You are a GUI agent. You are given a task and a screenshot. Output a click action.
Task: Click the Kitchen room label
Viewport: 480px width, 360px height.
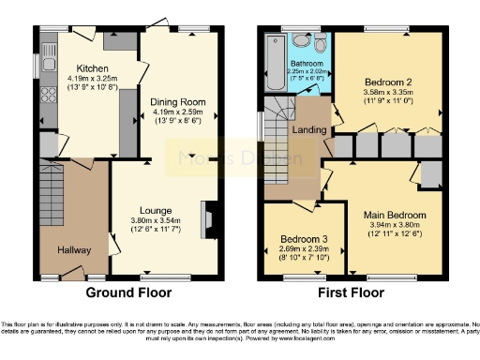click(92, 68)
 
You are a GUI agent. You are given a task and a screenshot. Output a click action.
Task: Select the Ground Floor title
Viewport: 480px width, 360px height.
click(129, 293)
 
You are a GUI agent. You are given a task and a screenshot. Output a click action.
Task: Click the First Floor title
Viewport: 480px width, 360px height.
click(353, 293)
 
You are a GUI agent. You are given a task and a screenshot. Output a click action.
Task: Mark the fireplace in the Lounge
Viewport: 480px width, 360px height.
click(208, 217)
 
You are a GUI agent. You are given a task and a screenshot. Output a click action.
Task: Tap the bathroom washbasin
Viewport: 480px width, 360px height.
click(300, 42)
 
